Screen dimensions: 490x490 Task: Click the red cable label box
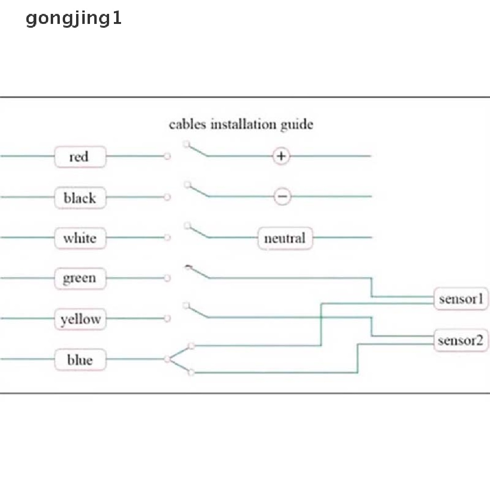click(79, 157)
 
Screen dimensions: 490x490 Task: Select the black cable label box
click(79, 198)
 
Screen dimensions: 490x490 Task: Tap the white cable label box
click(79, 238)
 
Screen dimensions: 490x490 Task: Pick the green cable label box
click(79, 278)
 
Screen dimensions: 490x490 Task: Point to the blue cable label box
click(79, 359)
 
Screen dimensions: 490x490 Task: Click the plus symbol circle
click(282, 156)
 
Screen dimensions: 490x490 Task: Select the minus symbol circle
click(282, 197)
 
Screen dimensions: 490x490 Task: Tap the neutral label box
click(285, 238)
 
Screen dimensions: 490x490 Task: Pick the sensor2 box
click(460, 340)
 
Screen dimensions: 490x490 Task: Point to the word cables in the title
click(188, 125)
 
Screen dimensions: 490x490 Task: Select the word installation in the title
click(244, 125)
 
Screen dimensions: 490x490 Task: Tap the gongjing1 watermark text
click(74, 19)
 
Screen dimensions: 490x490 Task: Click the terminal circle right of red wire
click(167, 156)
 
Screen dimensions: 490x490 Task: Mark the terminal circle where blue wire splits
click(167, 359)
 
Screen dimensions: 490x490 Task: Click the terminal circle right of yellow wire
click(167, 318)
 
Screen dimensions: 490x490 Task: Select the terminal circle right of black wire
click(167, 197)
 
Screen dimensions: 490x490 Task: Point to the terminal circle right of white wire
click(167, 237)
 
